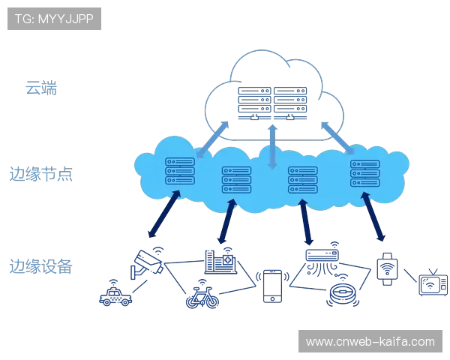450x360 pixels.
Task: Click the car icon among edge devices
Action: [114, 292]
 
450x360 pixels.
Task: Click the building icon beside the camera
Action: [220, 260]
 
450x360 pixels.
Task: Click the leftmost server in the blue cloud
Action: [179, 171]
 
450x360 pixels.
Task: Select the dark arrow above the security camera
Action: [164, 213]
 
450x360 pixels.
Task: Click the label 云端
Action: [41, 88]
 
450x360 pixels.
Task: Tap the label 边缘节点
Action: [43, 175]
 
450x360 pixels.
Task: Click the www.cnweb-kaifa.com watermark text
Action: [370, 342]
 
